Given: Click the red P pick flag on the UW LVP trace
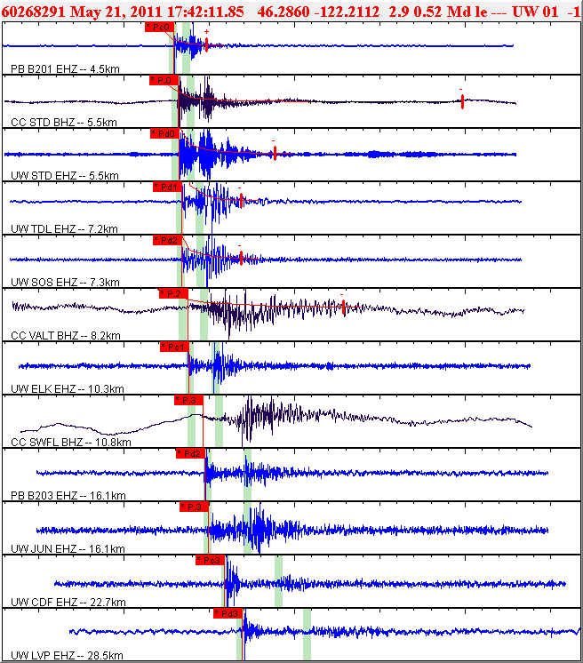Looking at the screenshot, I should [228, 613].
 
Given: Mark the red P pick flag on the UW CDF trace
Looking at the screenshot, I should [210, 560].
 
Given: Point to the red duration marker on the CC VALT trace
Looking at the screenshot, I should [344, 307].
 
